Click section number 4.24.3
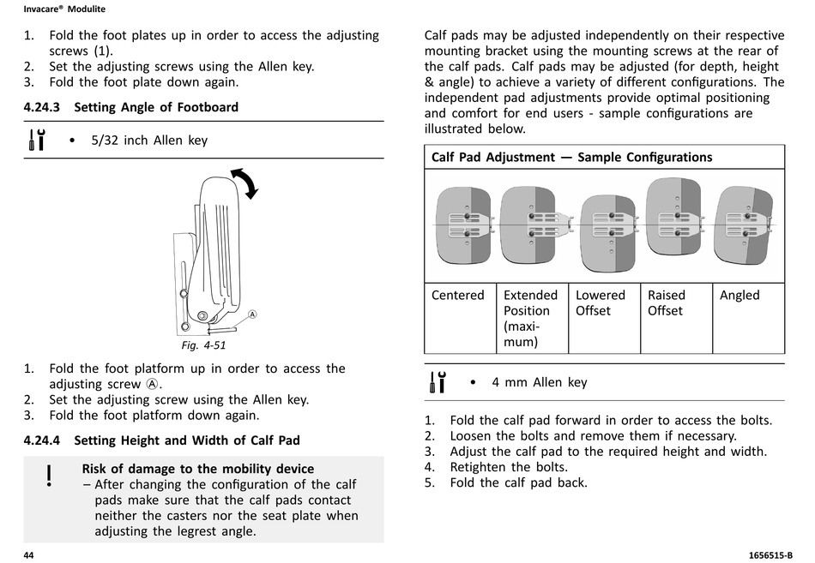click(42, 107)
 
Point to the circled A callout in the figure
click(253, 314)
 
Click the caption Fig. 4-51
click(202, 345)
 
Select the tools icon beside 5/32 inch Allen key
click(37, 140)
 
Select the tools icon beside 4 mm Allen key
click(438, 382)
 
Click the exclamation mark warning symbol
click(49, 476)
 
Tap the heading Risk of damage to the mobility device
click(197, 469)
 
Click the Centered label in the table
click(457, 296)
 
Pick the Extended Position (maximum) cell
click(530, 318)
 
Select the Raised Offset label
click(667, 302)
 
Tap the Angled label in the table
click(740, 296)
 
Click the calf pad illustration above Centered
click(463, 225)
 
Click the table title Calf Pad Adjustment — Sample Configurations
click(571, 157)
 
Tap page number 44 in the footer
click(28, 555)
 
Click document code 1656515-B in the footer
click(759, 555)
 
